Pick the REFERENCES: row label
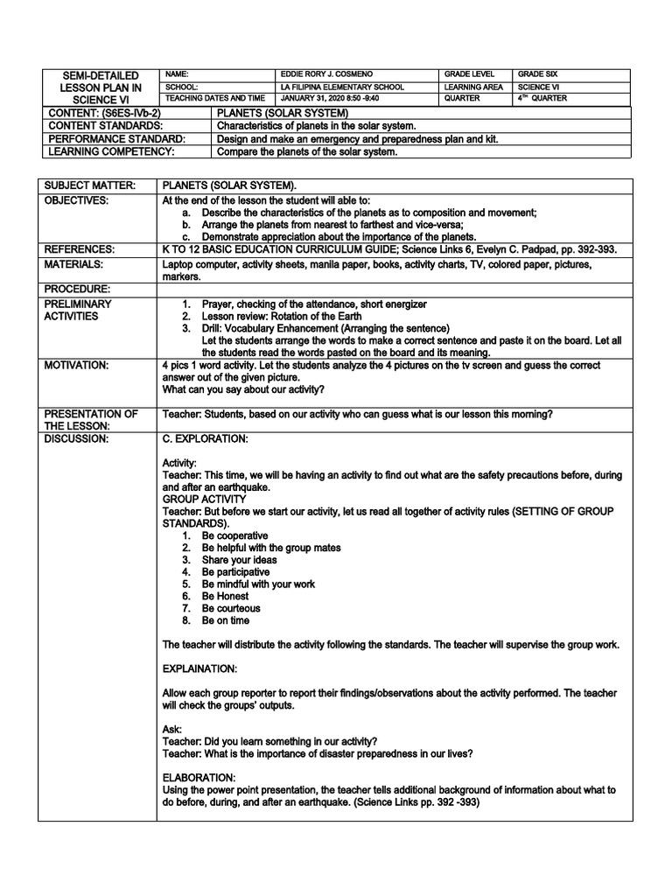[80, 249]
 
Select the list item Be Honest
[225, 596]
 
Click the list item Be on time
[225, 620]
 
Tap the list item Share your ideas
[239, 559]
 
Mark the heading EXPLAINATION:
[199, 669]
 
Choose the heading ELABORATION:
[199, 777]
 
